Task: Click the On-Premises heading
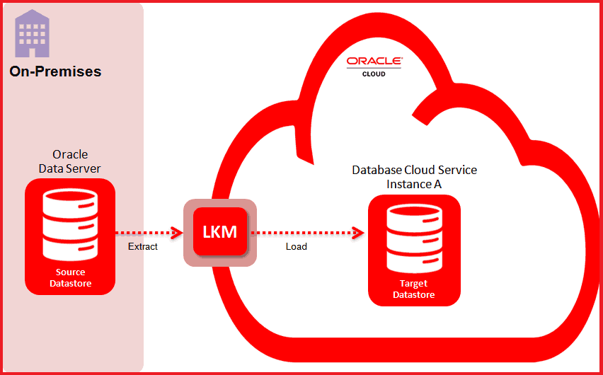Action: (x=55, y=71)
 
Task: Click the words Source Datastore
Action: (x=70, y=278)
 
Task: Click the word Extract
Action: (x=143, y=247)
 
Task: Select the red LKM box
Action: (x=220, y=232)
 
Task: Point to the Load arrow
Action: (x=304, y=232)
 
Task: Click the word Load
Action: (x=297, y=247)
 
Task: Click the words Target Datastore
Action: (x=414, y=289)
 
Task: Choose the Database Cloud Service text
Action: (x=415, y=171)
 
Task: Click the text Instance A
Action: (x=415, y=184)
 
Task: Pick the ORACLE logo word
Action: (x=374, y=62)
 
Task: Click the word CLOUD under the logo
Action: (x=374, y=74)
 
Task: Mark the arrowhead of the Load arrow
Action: (x=360, y=232)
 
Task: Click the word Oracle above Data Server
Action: (x=70, y=155)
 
